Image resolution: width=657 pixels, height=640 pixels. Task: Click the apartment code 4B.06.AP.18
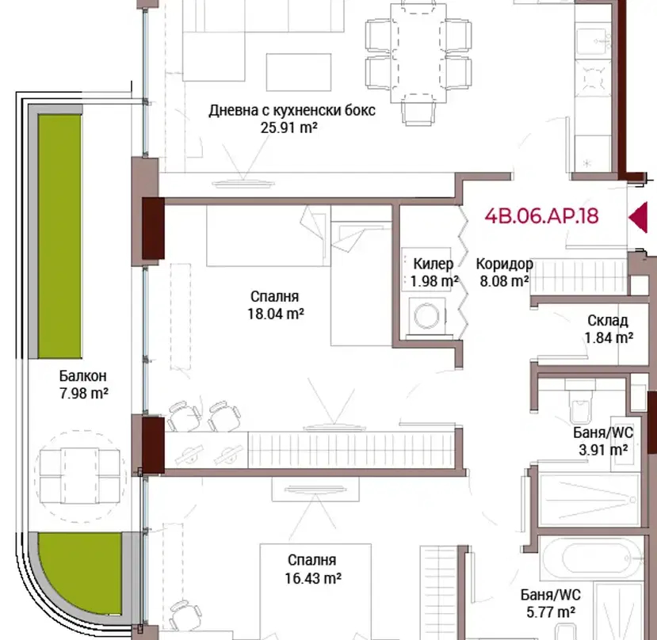pos(541,216)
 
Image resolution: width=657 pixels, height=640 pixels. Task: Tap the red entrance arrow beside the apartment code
pos(638,217)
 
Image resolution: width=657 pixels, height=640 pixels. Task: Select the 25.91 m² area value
pos(288,128)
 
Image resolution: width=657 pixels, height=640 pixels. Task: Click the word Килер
pos(434,264)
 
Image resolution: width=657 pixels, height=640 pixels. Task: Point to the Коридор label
pos(505,264)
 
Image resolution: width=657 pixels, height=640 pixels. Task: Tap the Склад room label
pos(608,321)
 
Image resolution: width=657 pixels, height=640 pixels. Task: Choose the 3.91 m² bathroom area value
pos(603,450)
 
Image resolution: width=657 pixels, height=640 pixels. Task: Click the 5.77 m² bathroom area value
pos(551,612)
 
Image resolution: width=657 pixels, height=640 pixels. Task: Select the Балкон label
pos(82,375)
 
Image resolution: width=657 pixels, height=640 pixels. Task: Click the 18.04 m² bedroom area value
pos(276,314)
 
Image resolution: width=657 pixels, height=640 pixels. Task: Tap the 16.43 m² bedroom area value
pos(313,578)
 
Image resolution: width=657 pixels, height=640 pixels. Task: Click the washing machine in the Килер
pos(427,315)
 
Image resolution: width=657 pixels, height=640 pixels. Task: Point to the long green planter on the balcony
pos(59,236)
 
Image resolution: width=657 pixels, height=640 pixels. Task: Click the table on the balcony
pos(79,475)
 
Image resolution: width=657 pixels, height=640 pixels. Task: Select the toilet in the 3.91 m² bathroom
pos(581,402)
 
